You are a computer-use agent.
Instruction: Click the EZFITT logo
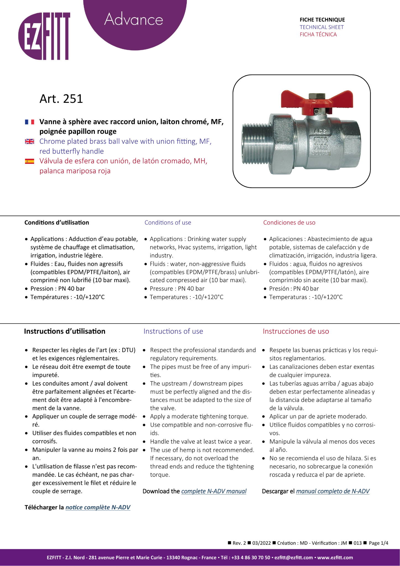[44, 36]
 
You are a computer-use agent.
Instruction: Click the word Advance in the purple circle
[134, 19]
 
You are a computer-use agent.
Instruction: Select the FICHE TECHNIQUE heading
[322, 20]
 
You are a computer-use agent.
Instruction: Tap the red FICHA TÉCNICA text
[318, 35]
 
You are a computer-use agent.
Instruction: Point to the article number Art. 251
[61, 99]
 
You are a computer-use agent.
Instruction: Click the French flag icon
[29, 122]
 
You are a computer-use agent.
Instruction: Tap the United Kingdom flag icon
[29, 141]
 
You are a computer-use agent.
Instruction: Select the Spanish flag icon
[29, 161]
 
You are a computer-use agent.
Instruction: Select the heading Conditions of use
[168, 222]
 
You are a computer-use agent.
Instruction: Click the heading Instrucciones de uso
[296, 331]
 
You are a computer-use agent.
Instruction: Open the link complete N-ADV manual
[214, 491]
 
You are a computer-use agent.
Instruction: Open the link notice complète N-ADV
[98, 507]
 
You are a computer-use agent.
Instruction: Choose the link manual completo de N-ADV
[333, 491]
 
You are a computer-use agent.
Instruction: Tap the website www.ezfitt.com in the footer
[335, 557]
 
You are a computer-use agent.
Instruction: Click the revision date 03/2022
[261, 543]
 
